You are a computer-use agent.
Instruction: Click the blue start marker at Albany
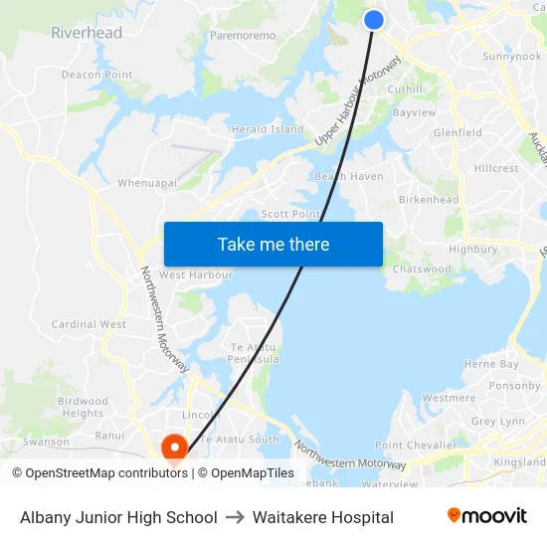(x=374, y=20)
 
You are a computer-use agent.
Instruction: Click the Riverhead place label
(x=87, y=33)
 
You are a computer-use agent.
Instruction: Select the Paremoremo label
(x=243, y=35)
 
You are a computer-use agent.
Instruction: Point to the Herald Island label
(x=268, y=129)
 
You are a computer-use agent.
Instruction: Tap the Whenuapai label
(x=147, y=183)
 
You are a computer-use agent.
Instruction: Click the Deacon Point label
(x=96, y=75)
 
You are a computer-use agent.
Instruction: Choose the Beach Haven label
(x=349, y=176)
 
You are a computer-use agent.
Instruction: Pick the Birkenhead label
(x=429, y=199)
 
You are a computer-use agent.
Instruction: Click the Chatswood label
(x=422, y=269)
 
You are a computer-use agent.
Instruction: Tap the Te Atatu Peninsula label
(x=253, y=351)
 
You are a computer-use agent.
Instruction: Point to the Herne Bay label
(x=491, y=364)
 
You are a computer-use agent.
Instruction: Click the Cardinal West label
(x=89, y=324)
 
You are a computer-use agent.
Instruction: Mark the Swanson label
(x=47, y=442)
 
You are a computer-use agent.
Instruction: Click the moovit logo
(x=487, y=516)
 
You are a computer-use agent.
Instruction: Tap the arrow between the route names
(x=235, y=517)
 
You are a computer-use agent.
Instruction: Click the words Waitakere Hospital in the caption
(x=323, y=517)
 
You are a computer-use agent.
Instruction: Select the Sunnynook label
(x=511, y=57)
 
